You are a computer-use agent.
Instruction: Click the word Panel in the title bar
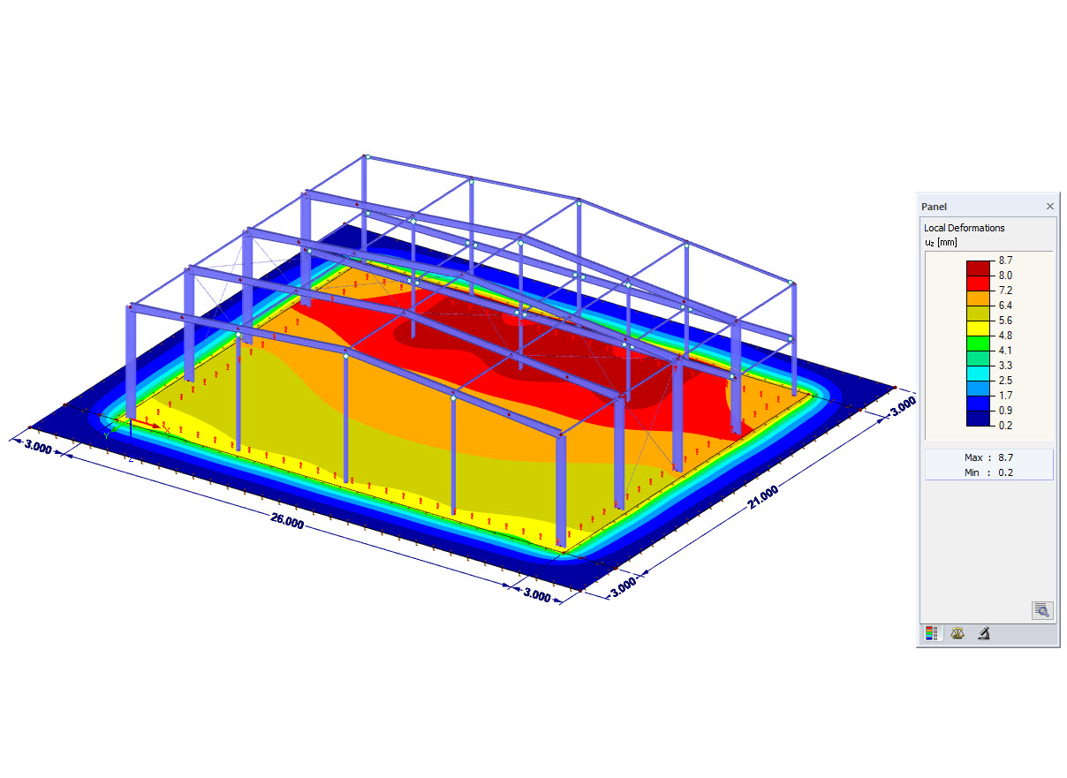coord(934,206)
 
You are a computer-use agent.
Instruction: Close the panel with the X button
coord(1049,206)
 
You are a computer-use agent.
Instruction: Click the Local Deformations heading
coord(964,228)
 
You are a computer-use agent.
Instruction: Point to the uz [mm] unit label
coord(940,242)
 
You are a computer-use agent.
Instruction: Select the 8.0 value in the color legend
coord(1005,276)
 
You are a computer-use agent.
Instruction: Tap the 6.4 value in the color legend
coord(1005,306)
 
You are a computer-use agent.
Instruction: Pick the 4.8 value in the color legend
coord(1005,336)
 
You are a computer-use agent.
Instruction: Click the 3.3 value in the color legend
coord(1005,366)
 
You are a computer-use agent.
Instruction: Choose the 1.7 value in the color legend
coord(1005,396)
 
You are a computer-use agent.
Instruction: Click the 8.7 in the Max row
coord(1005,457)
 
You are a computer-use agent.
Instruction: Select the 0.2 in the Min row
coord(1005,472)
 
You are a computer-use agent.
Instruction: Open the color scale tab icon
coord(931,633)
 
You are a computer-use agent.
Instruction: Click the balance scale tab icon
coord(957,633)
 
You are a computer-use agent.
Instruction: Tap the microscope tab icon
coord(982,633)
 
